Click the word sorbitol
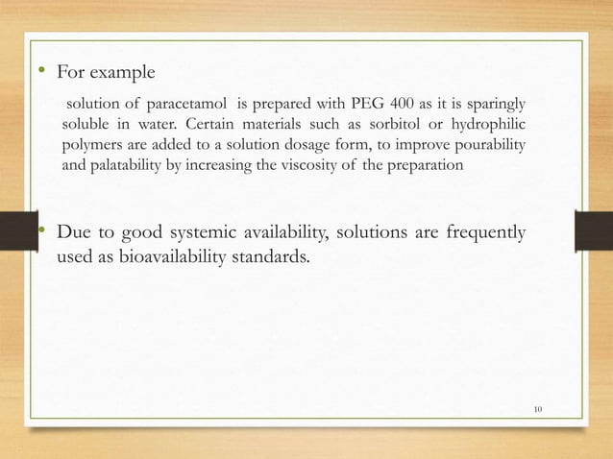[395, 125]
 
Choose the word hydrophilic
[489, 125]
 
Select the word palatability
[128, 165]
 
